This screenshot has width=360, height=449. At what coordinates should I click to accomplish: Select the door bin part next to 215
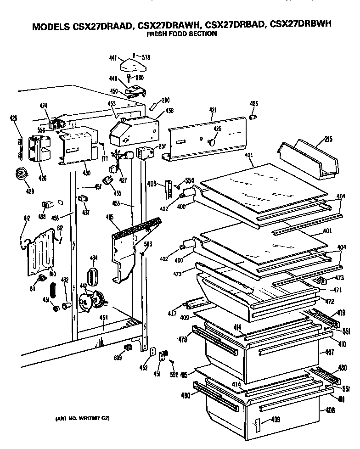(308, 158)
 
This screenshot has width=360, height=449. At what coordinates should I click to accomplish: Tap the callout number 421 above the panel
(212, 110)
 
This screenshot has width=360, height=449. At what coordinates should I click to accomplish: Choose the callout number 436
(157, 110)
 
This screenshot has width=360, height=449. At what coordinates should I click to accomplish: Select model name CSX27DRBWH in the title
(300, 26)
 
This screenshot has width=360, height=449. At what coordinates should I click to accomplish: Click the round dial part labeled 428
(20, 174)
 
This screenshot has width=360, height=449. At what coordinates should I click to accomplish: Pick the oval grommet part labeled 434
(94, 277)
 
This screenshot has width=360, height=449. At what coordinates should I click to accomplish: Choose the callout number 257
(162, 146)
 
